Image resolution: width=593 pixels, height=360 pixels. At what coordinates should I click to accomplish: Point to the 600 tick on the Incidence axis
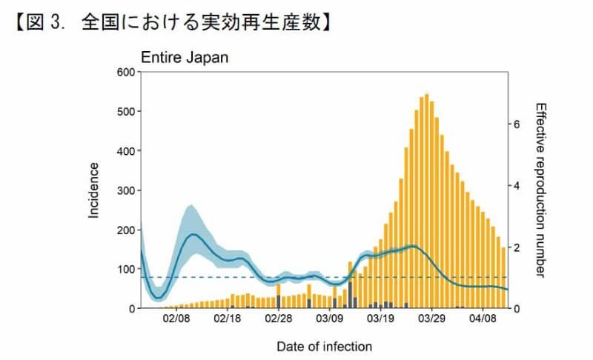[x=123, y=72]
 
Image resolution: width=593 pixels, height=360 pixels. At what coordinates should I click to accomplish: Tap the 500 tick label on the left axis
[x=123, y=112]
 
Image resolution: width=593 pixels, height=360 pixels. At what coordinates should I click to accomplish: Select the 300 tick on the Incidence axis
[x=123, y=190]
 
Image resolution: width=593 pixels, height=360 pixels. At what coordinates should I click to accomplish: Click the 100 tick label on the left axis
[x=123, y=269]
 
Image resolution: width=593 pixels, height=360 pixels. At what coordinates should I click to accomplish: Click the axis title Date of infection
[x=324, y=346]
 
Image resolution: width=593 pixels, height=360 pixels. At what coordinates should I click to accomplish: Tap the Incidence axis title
[x=94, y=190]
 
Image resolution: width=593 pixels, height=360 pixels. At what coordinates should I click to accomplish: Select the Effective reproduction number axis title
[x=540, y=190]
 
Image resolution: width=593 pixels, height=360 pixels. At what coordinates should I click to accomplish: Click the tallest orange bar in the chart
[x=427, y=200]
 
